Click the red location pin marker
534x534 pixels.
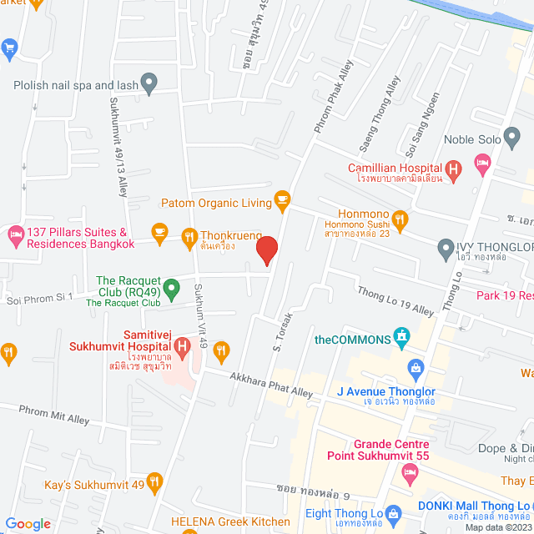266,249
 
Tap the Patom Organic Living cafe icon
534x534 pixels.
282,199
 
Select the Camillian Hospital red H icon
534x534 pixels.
454,172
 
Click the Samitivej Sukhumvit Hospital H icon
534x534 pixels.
181,345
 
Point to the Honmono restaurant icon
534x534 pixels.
400,220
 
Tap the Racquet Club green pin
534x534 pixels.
171,289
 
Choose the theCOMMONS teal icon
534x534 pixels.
402,338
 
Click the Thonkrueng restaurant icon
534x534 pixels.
187,237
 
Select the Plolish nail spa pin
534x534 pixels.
149,83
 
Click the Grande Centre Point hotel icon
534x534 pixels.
409,474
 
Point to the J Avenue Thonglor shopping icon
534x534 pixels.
415,367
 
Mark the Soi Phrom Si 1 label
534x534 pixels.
40,296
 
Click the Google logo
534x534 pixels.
28,523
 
